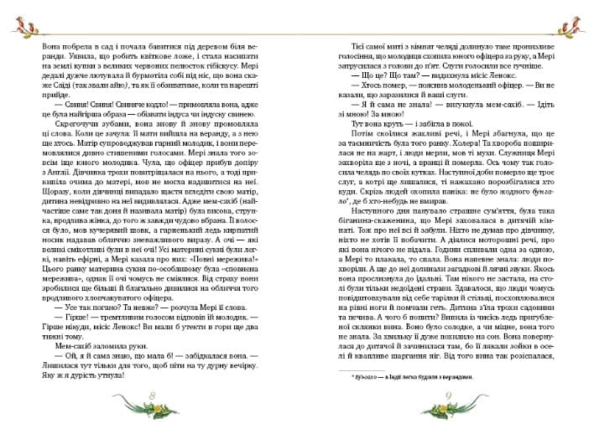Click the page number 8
[152, 395]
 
